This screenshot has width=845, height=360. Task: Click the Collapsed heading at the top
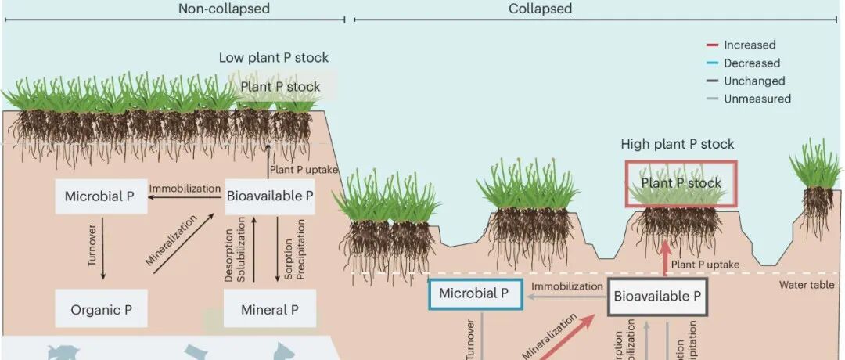point(540,9)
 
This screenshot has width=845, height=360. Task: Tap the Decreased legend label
point(751,63)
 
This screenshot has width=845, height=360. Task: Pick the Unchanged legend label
point(754,81)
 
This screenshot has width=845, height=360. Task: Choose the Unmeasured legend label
point(757,99)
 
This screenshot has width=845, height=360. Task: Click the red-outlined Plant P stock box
point(681,183)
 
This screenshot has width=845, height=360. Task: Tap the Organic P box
point(101,310)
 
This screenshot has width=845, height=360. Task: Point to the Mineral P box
point(269,310)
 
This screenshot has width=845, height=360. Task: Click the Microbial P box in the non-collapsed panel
point(101,196)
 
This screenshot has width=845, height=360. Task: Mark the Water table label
point(806,285)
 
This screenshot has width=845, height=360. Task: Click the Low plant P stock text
point(273,58)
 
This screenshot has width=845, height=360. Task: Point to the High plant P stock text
point(678,144)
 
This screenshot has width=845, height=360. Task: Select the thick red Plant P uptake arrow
point(665,258)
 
